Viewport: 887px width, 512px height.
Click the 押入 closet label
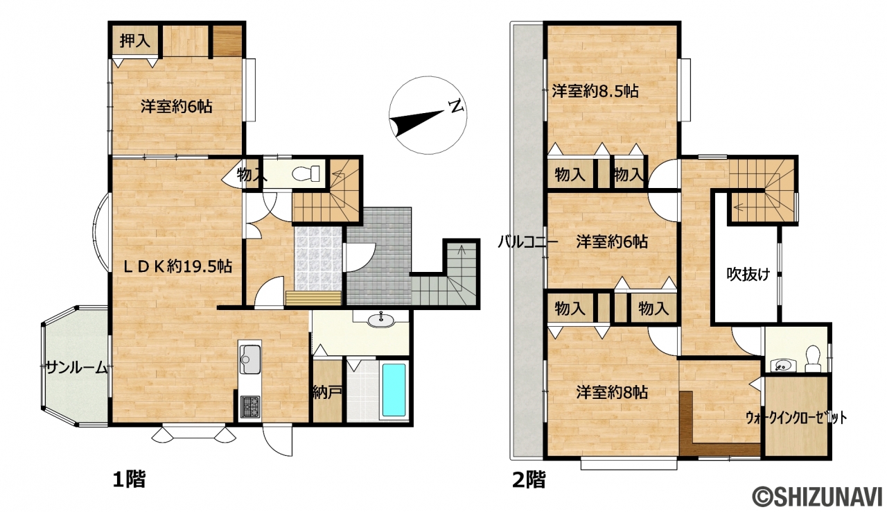tap(135, 41)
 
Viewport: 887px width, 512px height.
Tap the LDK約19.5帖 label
tap(178, 266)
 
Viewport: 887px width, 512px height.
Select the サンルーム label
tap(76, 368)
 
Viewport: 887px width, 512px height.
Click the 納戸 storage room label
tap(328, 393)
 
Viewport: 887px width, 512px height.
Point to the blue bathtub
tap(394, 391)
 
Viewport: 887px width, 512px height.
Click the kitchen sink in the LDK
tap(250, 359)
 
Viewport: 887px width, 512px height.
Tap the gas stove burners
tap(250, 406)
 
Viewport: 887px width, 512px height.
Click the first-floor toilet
tap(306, 173)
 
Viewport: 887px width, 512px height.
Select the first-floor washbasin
tap(380, 319)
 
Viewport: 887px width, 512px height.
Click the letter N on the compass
tap(456, 107)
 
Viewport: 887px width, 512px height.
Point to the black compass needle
tap(416, 123)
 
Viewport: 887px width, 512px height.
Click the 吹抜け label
tap(748, 274)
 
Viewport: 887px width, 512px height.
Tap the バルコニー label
tap(527, 241)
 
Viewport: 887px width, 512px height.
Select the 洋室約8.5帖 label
tap(595, 92)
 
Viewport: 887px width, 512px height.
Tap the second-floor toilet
tap(813, 359)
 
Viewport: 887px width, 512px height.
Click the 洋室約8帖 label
tap(612, 392)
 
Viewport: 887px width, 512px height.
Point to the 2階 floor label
tap(529, 480)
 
